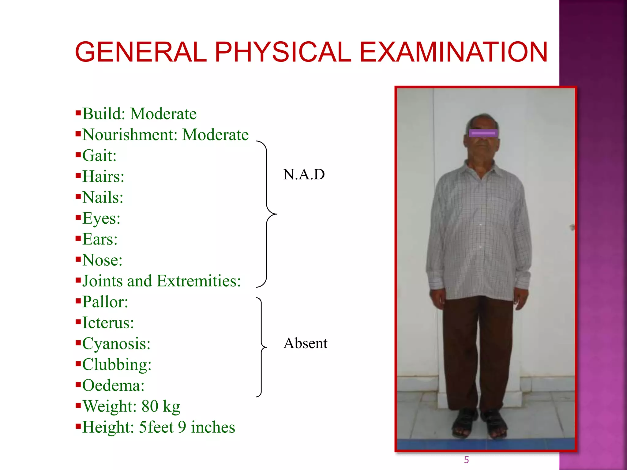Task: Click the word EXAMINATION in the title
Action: tap(453, 52)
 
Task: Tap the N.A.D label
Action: tap(304, 174)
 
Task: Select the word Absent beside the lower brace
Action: tap(305, 343)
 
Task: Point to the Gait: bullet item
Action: tap(99, 155)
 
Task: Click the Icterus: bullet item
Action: tap(108, 323)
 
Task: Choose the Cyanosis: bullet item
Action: tap(116, 344)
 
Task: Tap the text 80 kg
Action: tap(160, 406)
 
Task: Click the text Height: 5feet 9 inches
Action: tap(158, 427)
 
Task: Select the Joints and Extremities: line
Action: tap(161, 281)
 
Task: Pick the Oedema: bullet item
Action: tap(113, 385)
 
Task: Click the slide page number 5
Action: tap(466, 460)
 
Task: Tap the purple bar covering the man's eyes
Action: tap(483, 133)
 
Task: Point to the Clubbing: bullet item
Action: tap(117, 364)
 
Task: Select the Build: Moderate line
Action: tap(139, 114)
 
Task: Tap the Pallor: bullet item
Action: tap(105, 302)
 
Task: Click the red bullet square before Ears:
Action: tap(78, 238)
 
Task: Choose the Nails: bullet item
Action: tap(103, 197)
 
